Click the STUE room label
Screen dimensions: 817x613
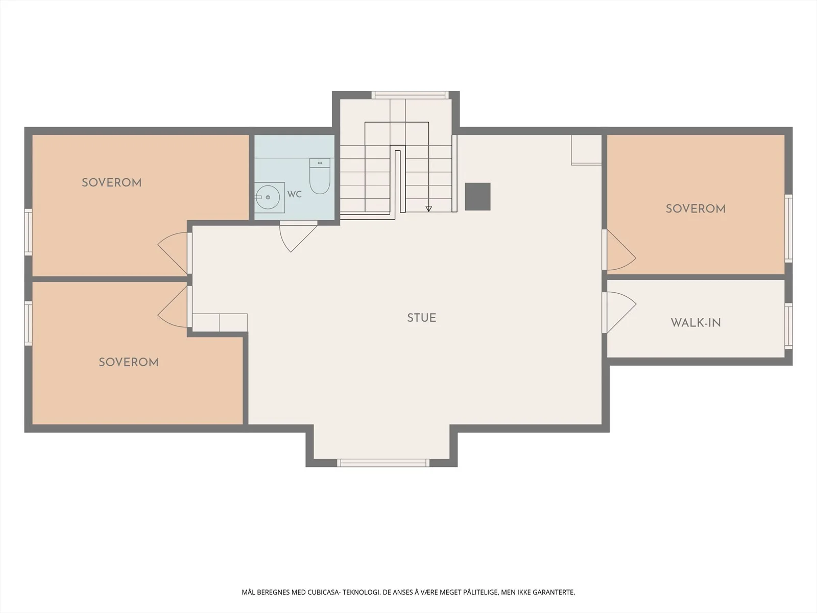pos(421,318)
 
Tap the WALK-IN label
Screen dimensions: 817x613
pos(695,323)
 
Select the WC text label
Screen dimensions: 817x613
pos(295,194)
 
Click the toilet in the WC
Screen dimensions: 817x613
pos(320,176)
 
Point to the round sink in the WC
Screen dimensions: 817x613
pos(268,197)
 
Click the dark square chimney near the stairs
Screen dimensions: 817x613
pos(477,197)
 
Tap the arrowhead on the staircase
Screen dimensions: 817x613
pos(429,209)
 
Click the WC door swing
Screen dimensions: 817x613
pos(298,237)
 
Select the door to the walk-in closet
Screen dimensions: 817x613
pos(619,312)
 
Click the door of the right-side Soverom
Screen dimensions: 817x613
pos(619,250)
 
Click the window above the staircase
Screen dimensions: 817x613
pos(410,95)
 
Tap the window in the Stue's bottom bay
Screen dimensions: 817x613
pos(383,463)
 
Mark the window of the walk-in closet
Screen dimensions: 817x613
pos(788,326)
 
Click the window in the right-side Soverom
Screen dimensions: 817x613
pos(788,228)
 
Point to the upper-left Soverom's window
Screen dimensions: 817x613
pos(28,232)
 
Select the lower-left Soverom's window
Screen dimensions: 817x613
pos(28,323)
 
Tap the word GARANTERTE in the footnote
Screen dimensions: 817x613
pos(554,592)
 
